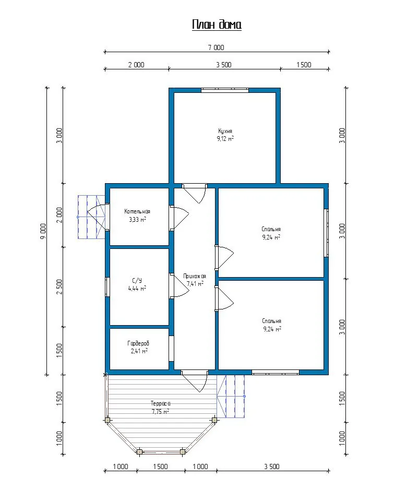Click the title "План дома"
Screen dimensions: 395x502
(x=217, y=25)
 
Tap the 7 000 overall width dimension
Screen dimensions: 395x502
(x=216, y=47)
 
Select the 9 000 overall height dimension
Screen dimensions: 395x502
(x=43, y=231)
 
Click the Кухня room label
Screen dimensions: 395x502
(x=225, y=131)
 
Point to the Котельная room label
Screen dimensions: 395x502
(x=137, y=211)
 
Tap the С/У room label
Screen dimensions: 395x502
(x=137, y=280)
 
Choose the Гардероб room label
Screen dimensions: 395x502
(x=138, y=343)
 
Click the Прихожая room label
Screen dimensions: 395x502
(x=195, y=276)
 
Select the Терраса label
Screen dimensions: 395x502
(x=160, y=403)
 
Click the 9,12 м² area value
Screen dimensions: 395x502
(x=225, y=139)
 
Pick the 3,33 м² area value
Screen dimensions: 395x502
(x=137, y=219)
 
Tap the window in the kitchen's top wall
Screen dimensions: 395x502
(x=225, y=90)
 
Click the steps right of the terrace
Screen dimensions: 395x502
(x=231, y=397)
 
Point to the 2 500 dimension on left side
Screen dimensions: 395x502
(x=59, y=287)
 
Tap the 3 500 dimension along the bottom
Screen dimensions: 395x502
(x=272, y=467)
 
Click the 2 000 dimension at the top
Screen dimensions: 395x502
(x=136, y=65)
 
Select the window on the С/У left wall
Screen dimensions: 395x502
(x=107, y=287)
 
